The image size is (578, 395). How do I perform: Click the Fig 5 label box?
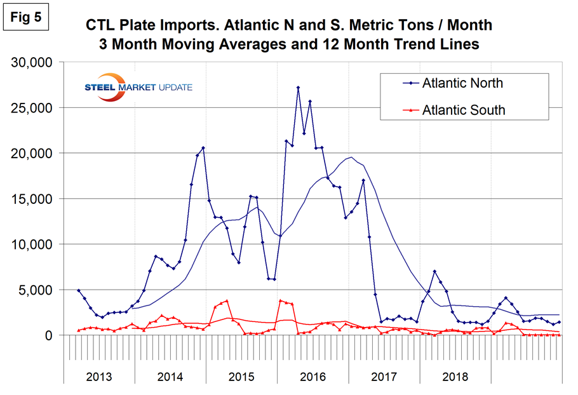point(26,17)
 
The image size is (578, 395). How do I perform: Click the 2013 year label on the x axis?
point(99,376)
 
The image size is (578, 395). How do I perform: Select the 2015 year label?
point(241,376)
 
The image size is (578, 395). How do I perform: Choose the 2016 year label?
point(313,376)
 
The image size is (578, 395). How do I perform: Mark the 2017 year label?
point(384,376)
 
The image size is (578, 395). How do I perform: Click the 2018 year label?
point(455,376)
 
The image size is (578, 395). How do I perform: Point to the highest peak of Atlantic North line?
point(298,87)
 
